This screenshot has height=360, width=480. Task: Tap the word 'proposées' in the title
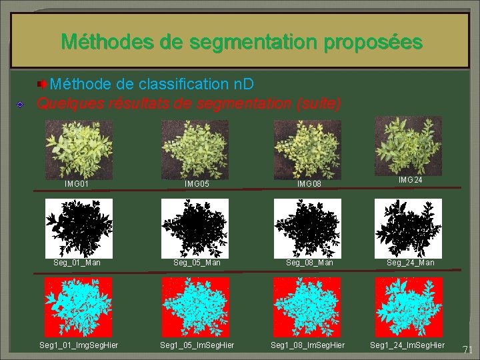point(373,42)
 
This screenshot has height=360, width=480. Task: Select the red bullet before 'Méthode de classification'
point(42,84)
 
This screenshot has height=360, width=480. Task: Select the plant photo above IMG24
point(408,142)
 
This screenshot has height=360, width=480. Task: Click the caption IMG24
point(410,180)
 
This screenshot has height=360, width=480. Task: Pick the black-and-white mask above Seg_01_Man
point(77,228)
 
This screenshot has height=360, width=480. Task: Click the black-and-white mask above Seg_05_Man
point(195,228)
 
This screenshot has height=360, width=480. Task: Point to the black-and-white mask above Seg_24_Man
point(407,228)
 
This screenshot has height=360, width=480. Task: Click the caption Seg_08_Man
point(309,263)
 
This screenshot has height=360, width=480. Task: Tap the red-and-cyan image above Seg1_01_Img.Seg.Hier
point(77,307)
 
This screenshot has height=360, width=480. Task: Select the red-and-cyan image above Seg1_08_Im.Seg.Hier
point(307,307)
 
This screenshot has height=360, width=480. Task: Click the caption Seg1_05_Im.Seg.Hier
point(197,344)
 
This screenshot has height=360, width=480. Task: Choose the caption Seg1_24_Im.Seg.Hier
point(407,344)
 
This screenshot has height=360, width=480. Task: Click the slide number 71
point(467,349)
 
